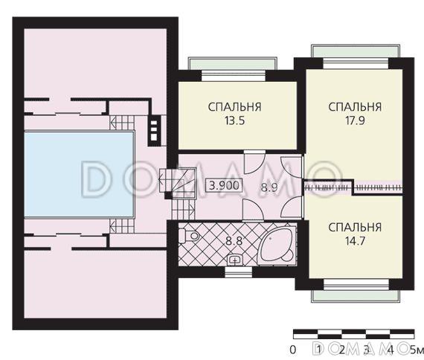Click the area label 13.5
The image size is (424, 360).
click(x=235, y=120)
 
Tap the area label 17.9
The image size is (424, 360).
click(x=355, y=120)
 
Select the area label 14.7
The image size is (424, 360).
click(x=355, y=241)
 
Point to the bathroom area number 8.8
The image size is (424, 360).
click(x=234, y=241)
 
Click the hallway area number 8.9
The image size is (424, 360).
click(x=269, y=187)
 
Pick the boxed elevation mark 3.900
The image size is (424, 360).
click(x=224, y=185)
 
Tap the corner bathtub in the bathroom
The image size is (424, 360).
click(x=277, y=245)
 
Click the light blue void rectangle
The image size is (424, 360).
click(x=79, y=175)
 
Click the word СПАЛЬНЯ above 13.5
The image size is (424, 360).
click(x=235, y=107)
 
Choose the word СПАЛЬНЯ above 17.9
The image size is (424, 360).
click(x=355, y=107)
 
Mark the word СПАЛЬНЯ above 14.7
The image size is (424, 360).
click(x=355, y=228)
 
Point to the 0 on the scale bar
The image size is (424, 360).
click(x=292, y=350)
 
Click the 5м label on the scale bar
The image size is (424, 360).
click(x=417, y=350)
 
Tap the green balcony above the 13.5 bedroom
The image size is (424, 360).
click(x=232, y=64)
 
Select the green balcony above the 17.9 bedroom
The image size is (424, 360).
click(x=356, y=51)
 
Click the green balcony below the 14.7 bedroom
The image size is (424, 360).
click(x=356, y=296)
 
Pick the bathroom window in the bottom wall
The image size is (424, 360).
click(x=238, y=272)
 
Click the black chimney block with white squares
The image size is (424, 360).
click(x=154, y=131)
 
